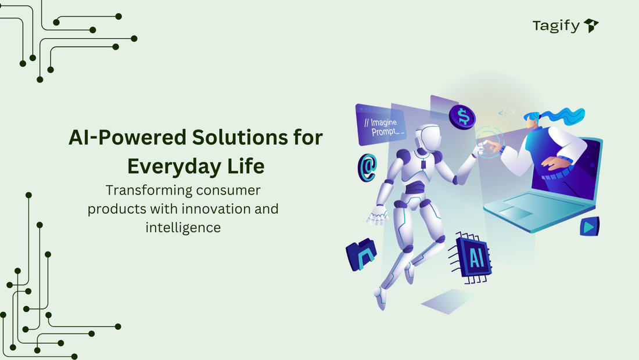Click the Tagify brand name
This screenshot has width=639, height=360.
(x=556, y=26)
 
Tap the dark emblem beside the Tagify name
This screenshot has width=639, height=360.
(x=591, y=26)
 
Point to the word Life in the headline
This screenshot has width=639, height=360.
(x=245, y=167)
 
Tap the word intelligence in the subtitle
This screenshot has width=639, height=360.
(x=183, y=227)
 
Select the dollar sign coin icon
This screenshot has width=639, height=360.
(x=464, y=117)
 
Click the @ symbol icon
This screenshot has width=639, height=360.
(x=367, y=167)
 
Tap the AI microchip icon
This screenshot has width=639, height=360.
(x=474, y=257)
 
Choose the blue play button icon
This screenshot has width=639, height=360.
(x=589, y=226)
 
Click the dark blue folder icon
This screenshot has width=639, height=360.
(x=361, y=254)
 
